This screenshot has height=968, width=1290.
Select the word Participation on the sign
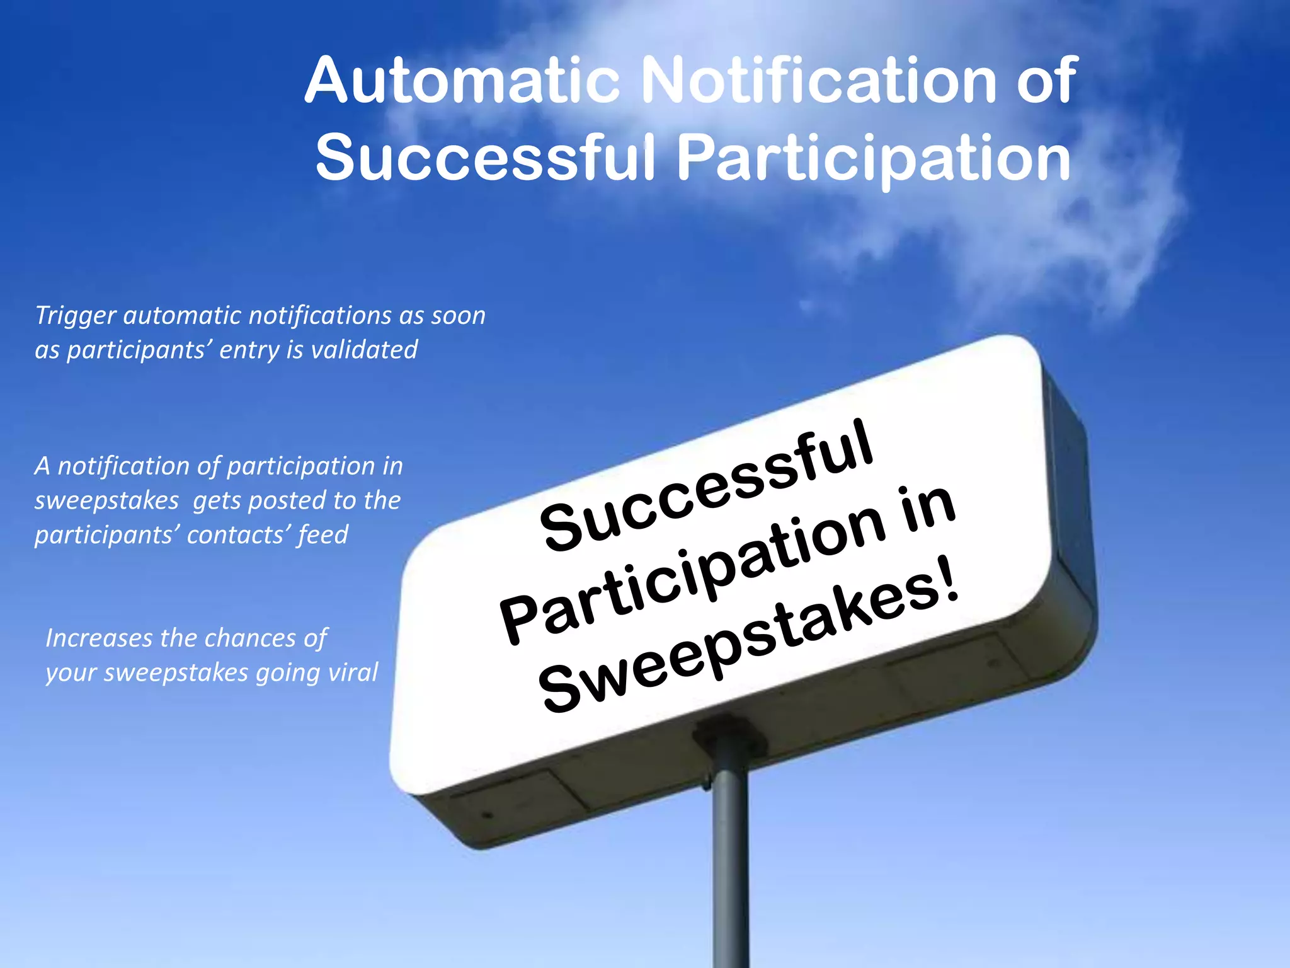click(693, 570)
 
